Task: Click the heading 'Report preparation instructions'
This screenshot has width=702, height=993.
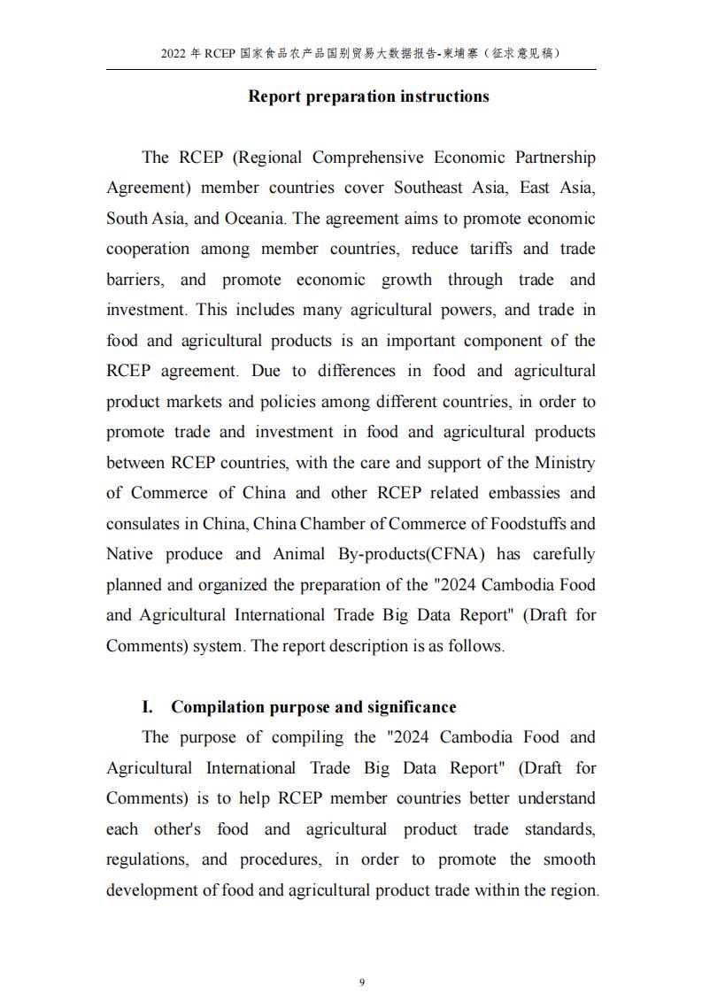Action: click(x=368, y=96)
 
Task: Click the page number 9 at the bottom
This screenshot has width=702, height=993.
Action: click(x=361, y=957)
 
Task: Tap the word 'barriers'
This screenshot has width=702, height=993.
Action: click(x=134, y=280)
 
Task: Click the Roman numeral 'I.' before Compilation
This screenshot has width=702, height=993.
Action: click(x=148, y=707)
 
